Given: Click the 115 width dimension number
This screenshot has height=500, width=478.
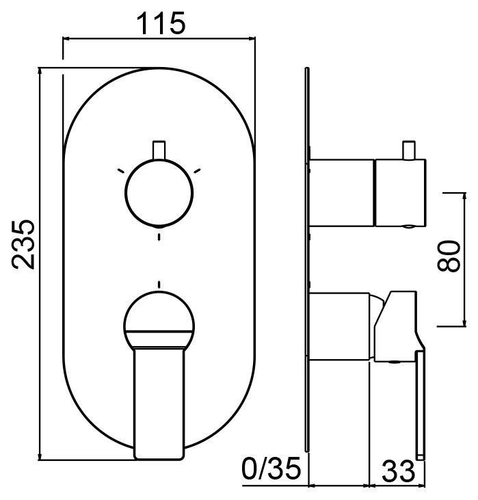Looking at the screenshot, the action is tap(161, 23).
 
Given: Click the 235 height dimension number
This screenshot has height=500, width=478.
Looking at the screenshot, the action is tap(23, 244).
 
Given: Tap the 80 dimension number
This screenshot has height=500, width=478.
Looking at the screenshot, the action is tap(449, 256).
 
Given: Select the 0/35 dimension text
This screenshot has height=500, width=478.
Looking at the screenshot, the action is tap(271, 468).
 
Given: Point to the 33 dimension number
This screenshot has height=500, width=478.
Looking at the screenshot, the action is tap(399, 471).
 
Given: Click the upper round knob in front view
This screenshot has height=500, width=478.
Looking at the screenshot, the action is tap(159, 193).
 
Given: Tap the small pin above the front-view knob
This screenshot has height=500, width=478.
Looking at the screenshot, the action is tap(159, 150).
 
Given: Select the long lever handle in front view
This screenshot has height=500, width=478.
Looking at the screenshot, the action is tap(159, 404).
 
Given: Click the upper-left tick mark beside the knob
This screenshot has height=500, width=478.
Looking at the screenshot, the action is tap(121, 170).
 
